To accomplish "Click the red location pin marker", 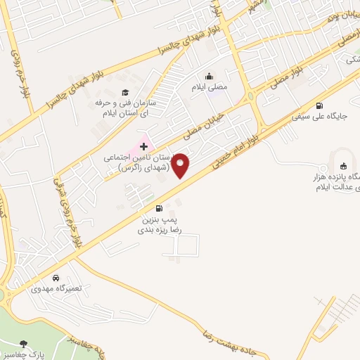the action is click(x=181, y=166).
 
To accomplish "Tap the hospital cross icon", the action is click(x=144, y=146).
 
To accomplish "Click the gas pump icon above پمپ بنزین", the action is click(x=160, y=207).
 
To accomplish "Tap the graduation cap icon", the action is click(x=125, y=92).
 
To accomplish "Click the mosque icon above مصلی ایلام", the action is click(x=209, y=77).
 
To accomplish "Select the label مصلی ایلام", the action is click(x=209, y=88).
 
